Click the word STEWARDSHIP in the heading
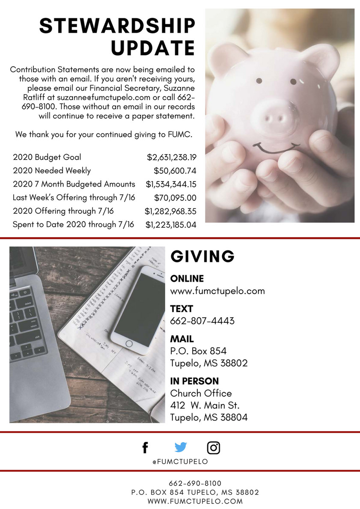[x=117, y=27]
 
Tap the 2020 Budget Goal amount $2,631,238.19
[x=171, y=157]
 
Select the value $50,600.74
[x=175, y=171]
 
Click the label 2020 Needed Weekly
[x=52, y=171]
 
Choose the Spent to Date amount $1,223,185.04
[x=171, y=224]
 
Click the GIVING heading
[x=202, y=256]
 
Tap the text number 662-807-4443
[x=202, y=321]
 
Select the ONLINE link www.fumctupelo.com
[x=217, y=291]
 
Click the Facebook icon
[x=145, y=448]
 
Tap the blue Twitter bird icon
[x=181, y=447]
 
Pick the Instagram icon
[x=214, y=448]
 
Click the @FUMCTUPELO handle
[x=180, y=461]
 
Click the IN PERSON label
[x=194, y=381]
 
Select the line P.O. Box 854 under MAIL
[x=198, y=351]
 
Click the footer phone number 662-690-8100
[x=195, y=483]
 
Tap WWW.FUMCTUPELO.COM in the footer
[x=195, y=501]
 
